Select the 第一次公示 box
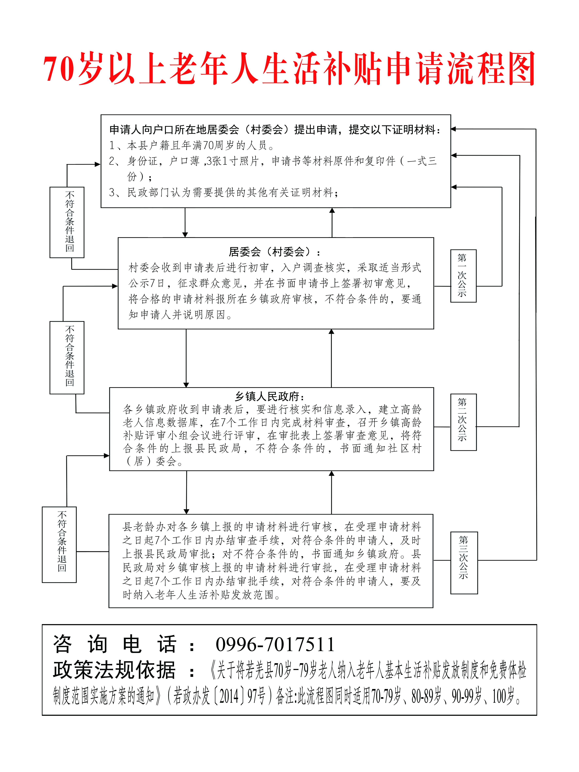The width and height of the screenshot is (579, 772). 463,276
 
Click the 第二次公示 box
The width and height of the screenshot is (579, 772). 463,422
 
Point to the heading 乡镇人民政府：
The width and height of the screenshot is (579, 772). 270,396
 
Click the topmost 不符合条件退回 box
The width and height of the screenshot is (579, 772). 67,222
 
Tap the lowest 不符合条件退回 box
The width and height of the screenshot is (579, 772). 59,545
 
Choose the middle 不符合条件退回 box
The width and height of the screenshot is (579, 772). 67,357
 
